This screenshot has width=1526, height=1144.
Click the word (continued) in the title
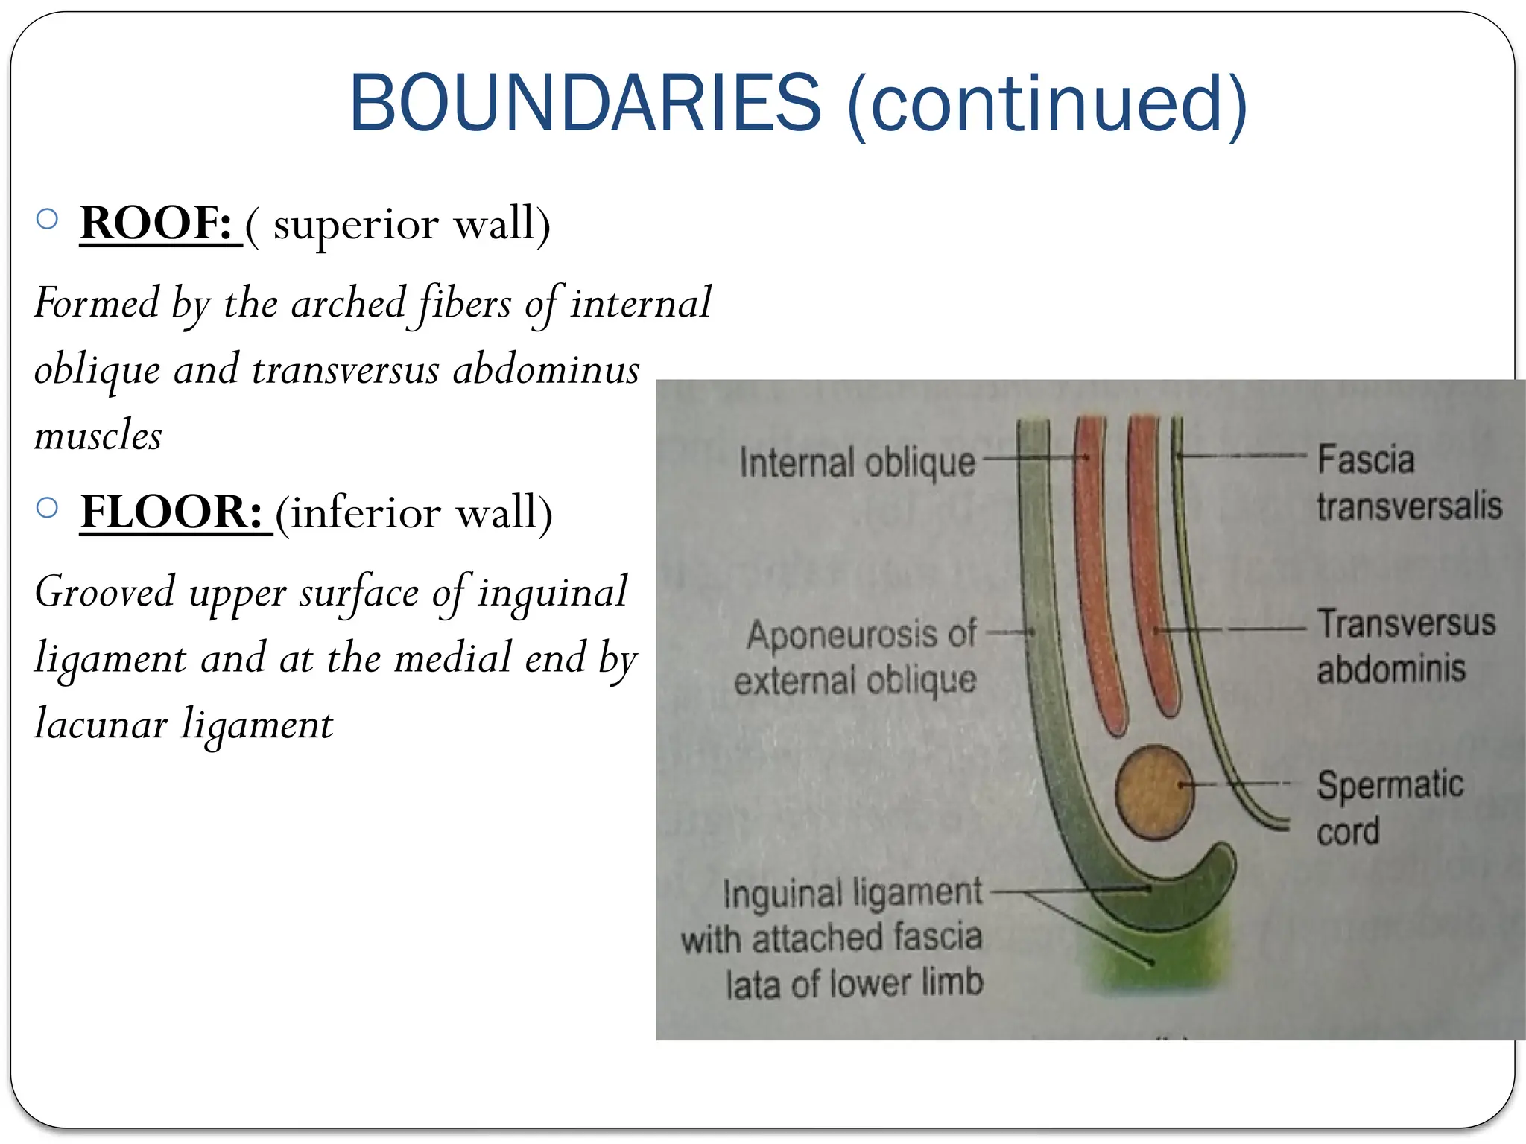coord(1047,104)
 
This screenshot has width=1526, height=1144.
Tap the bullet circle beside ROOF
coord(47,219)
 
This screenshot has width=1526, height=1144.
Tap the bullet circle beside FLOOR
coord(47,508)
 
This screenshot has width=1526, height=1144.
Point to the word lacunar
coord(101,725)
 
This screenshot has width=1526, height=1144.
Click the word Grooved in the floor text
coord(105,593)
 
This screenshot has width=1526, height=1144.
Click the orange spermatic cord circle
coord(1153,792)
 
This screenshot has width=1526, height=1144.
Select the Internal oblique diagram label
coord(857,463)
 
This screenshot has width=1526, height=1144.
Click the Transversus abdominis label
coord(1405,645)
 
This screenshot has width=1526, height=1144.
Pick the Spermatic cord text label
coord(1389,807)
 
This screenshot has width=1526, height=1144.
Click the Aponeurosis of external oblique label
coord(857,658)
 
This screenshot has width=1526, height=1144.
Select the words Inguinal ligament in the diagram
coord(852,893)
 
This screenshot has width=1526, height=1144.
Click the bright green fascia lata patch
coord(1147,961)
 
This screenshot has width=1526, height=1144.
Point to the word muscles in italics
coord(98,436)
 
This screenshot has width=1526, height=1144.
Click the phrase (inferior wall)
coord(414,512)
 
